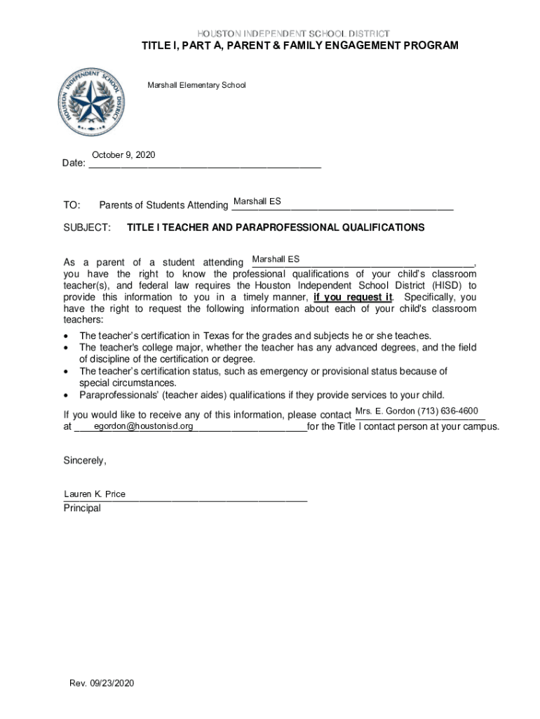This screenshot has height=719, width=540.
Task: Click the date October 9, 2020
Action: pos(123,154)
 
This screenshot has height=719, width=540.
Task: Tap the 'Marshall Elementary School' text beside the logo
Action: pos(196,86)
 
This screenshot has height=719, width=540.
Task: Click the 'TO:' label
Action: pos(72,206)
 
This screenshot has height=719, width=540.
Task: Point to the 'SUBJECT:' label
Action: pos(87,228)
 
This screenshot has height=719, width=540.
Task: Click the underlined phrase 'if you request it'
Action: pos(353,297)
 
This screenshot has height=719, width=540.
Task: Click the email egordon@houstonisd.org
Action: pos(144,426)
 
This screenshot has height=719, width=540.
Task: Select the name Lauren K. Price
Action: pos(95,494)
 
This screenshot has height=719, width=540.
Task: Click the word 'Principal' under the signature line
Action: pos(82,508)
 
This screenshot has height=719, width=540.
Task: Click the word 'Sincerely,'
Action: pos(85,461)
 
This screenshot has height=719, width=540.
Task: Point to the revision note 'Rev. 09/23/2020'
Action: pos(101,683)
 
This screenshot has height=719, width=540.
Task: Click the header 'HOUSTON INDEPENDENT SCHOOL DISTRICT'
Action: pos(293,34)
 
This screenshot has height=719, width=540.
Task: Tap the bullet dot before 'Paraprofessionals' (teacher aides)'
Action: pos(67,395)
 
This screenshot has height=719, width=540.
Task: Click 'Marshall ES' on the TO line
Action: pos(257,202)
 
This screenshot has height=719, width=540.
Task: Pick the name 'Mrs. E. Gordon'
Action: pos(385,411)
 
